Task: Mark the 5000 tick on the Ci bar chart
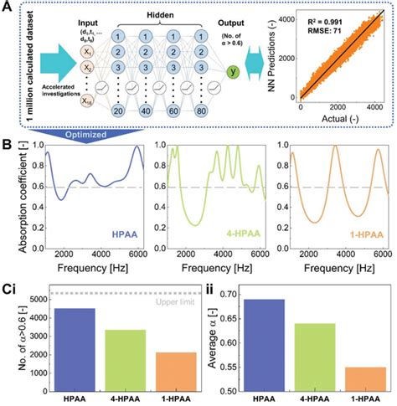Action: pos(36,298)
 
